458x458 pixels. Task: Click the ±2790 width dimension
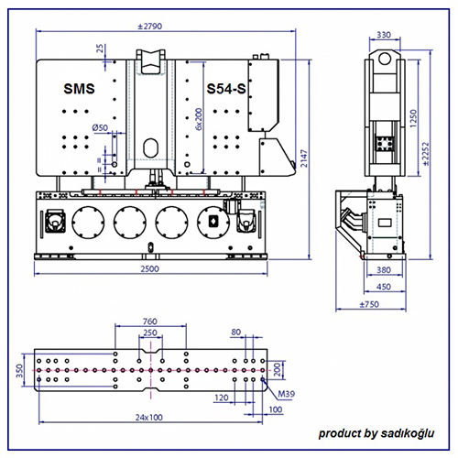pyautogui.click(x=149, y=27)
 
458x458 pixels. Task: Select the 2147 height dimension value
pyautogui.click(x=304, y=158)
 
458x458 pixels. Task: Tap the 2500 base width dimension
pyautogui.click(x=149, y=269)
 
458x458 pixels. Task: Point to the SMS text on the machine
pyautogui.click(x=79, y=89)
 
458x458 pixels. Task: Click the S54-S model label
pyautogui.click(x=226, y=89)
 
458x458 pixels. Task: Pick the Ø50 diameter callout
pyautogui.click(x=100, y=127)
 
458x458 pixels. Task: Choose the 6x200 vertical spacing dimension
pyautogui.click(x=199, y=119)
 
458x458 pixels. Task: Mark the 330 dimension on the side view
pyautogui.click(x=384, y=35)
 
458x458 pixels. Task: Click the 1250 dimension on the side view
pyautogui.click(x=413, y=118)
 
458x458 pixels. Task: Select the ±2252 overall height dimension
pyautogui.click(x=426, y=154)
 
